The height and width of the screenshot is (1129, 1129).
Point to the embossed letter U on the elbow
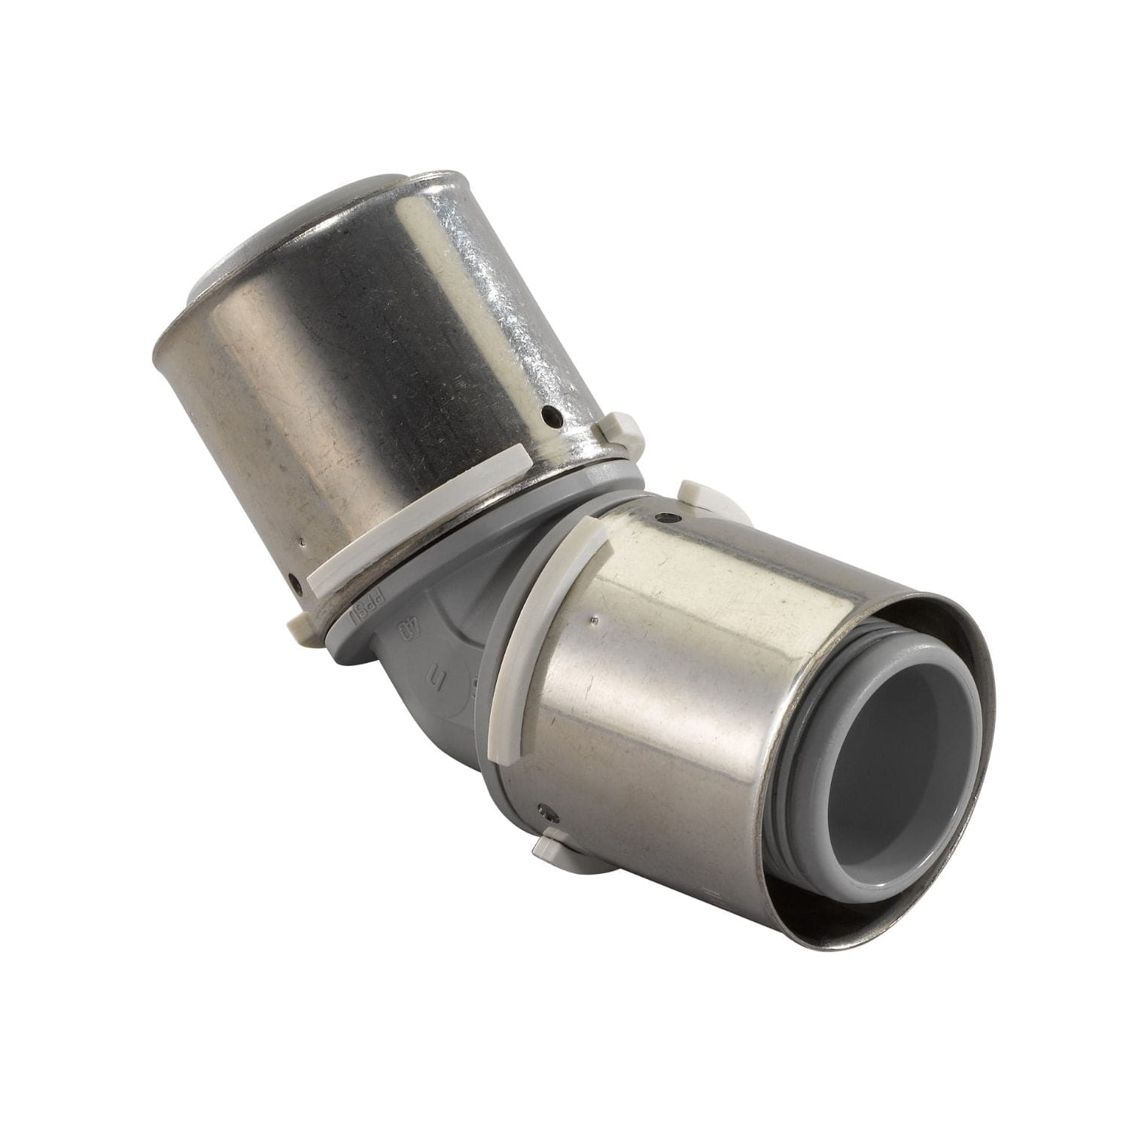(x=436, y=670)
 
